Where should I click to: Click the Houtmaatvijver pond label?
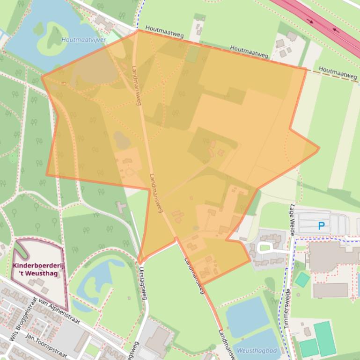(x=84, y=40)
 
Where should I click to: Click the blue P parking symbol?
(x=321, y=226)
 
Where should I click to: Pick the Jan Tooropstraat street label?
(x=46, y=344)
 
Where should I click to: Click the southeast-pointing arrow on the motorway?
(x=310, y=21)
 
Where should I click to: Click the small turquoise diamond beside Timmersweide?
(x=302, y=280)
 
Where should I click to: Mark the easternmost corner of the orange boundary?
(x=319, y=149)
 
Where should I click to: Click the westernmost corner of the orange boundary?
(x=42, y=77)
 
